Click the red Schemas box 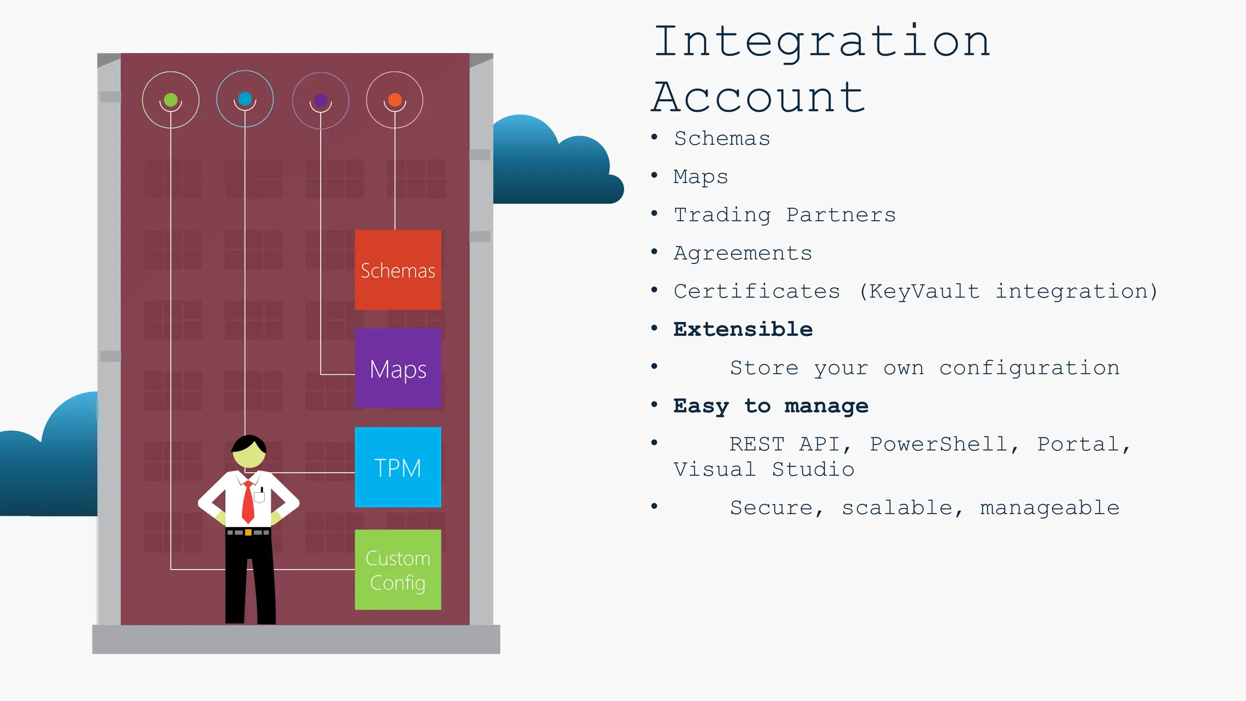click(x=398, y=270)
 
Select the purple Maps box click(x=398, y=369)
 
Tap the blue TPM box click(x=398, y=467)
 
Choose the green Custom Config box click(x=398, y=570)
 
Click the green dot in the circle click(x=171, y=100)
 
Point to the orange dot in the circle click(x=395, y=100)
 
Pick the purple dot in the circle click(x=321, y=100)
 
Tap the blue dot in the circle click(x=245, y=99)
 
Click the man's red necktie click(x=248, y=503)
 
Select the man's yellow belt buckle click(x=248, y=532)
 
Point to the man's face click(x=249, y=456)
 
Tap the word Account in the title click(x=758, y=97)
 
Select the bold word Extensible click(x=743, y=329)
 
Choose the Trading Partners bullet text click(x=785, y=215)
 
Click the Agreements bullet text click(x=743, y=253)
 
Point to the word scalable click(x=897, y=507)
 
